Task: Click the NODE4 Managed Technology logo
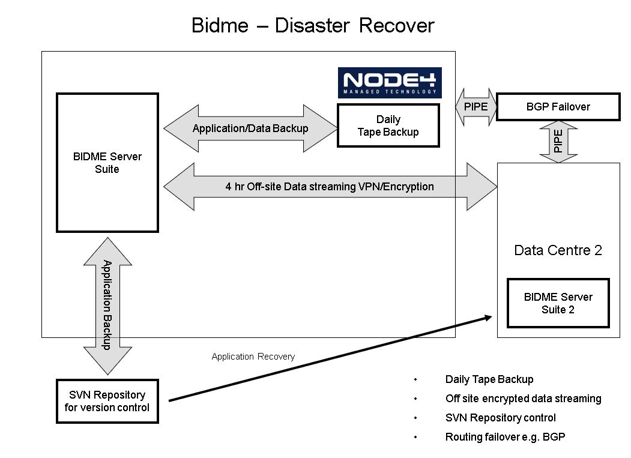[x=390, y=82]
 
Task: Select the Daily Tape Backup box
[x=388, y=125]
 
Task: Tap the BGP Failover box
[x=558, y=107]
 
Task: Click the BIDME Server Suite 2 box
[x=558, y=303]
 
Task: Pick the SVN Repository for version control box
[x=107, y=401]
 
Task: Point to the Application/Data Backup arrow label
[x=250, y=128]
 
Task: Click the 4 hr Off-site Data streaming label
[x=330, y=187]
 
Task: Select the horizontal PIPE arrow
[x=476, y=107]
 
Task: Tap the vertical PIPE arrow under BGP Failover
[x=558, y=142]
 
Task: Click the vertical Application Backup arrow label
[x=107, y=305]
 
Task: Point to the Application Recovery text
[x=253, y=357]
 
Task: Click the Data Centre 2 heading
[x=558, y=250]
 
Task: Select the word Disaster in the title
[x=312, y=25]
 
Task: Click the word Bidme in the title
[x=220, y=25]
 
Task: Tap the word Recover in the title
[x=396, y=25]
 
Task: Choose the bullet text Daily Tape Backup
[x=489, y=379]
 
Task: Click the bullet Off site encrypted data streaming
[x=523, y=399]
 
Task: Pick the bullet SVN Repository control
[x=501, y=418]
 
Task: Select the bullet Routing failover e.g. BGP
[x=505, y=437]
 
